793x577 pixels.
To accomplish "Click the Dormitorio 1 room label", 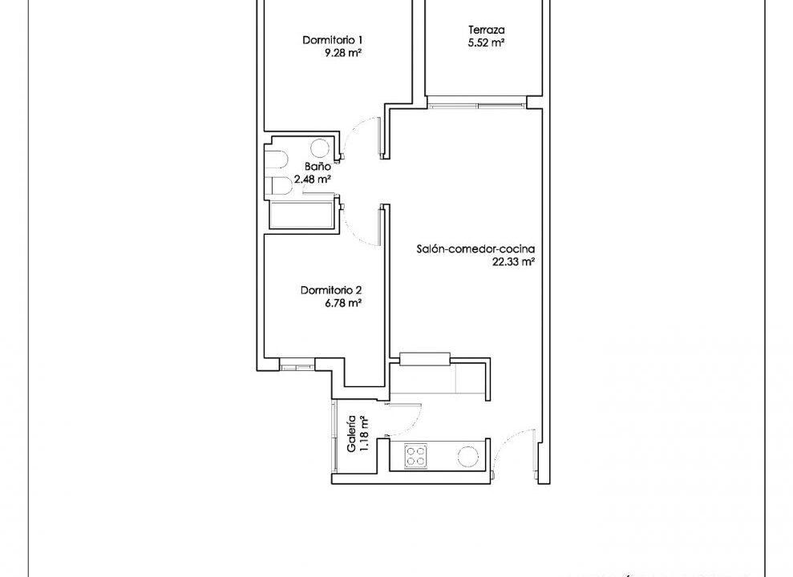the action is pos(332,40).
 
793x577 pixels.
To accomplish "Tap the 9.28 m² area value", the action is pos(343,53).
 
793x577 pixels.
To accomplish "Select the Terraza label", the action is pos(486,30).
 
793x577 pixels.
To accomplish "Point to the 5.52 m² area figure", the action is pos(486,43).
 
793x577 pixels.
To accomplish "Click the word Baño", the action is pos(318,166).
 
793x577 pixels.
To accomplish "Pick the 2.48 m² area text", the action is pos(313,179).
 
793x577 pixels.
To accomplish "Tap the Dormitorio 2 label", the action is pos(331,291).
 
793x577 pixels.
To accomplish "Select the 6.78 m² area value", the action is pos(343,303).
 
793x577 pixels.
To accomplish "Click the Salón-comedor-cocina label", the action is pos(475,249).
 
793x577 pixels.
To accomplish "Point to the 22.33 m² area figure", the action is pos(514,262).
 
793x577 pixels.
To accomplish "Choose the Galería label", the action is pos(350,434).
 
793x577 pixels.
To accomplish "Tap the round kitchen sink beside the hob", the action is pos(468,456).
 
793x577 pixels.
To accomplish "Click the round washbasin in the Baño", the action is pos(320,148).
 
